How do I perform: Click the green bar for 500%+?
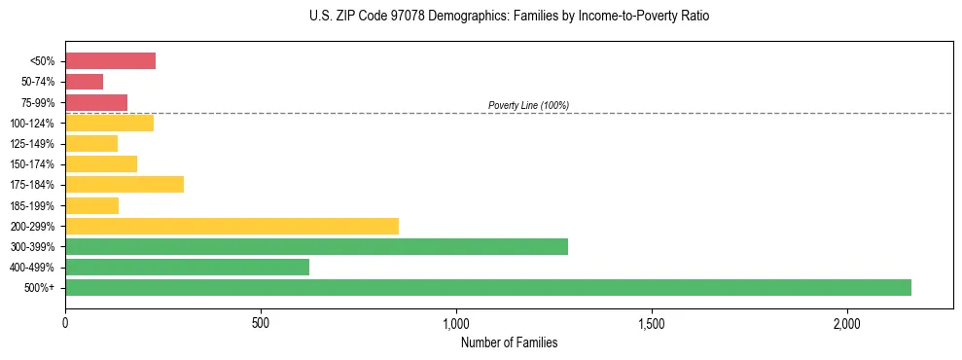pos(487,287)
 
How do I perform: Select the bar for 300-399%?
pos(316,246)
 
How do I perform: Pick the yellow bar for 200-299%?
pos(232,226)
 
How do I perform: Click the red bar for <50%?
pos(110,60)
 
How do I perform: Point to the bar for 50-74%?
pos(84,82)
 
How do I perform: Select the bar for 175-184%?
pos(125,184)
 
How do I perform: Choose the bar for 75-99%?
pos(96,102)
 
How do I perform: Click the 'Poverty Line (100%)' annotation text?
pos(528,105)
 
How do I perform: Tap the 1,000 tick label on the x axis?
pos(456,323)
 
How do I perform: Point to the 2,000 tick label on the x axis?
pos(847,323)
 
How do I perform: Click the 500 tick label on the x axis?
pos(261,323)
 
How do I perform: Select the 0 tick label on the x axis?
pos(65,323)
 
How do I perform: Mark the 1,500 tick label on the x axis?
pos(652,323)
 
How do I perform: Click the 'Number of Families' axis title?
pos(509,342)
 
